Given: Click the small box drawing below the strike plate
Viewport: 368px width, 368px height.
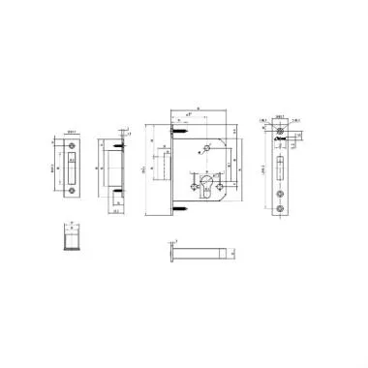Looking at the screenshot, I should [72, 234].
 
